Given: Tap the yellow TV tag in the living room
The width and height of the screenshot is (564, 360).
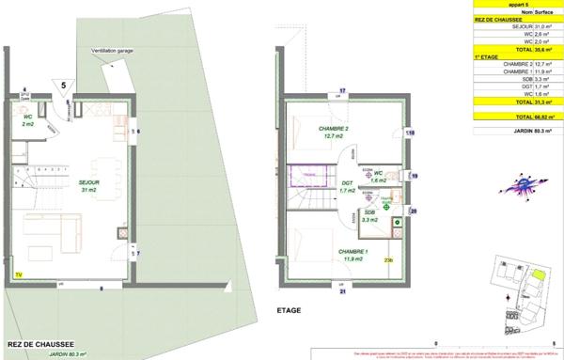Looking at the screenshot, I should [18, 274].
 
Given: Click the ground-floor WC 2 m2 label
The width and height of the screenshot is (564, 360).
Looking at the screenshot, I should [28, 120].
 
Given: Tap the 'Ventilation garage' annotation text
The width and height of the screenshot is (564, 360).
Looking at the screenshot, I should [111, 51].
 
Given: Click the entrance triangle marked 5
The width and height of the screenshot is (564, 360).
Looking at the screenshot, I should [64, 86].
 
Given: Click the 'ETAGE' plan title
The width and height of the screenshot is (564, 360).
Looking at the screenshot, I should [290, 307].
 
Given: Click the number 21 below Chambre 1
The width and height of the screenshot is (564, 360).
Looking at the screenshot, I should [343, 292].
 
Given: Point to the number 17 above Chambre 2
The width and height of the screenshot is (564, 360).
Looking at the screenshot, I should [343, 90].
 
